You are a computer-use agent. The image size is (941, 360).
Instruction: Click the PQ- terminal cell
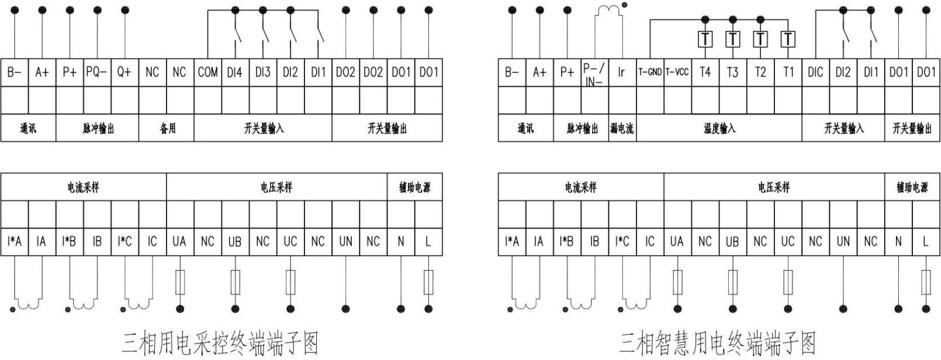click(97, 72)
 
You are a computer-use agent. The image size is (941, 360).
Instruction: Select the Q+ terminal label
click(124, 72)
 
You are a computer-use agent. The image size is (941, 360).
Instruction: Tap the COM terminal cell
click(207, 72)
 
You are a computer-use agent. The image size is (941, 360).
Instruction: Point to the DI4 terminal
click(235, 72)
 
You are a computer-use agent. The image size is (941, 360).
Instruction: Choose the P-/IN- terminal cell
click(594, 72)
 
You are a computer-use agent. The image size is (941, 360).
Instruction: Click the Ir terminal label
click(621, 72)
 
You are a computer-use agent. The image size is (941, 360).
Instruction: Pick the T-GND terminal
click(650, 72)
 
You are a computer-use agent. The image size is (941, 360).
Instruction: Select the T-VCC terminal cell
click(677, 72)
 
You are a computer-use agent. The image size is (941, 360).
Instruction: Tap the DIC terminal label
click(815, 72)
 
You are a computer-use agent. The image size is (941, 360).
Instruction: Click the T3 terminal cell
click(733, 72)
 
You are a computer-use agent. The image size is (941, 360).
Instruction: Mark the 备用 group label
click(167, 128)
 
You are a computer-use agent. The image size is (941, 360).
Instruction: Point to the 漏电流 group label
click(622, 128)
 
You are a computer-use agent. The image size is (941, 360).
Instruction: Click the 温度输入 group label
click(719, 128)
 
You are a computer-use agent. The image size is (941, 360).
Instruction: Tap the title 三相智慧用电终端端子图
click(718, 343)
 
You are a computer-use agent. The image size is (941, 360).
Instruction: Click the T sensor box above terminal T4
click(705, 39)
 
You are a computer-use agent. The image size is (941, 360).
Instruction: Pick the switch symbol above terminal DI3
click(265, 33)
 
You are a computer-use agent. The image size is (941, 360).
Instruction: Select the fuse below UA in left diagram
click(180, 282)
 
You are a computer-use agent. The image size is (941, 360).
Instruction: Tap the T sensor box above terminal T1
click(788, 39)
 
